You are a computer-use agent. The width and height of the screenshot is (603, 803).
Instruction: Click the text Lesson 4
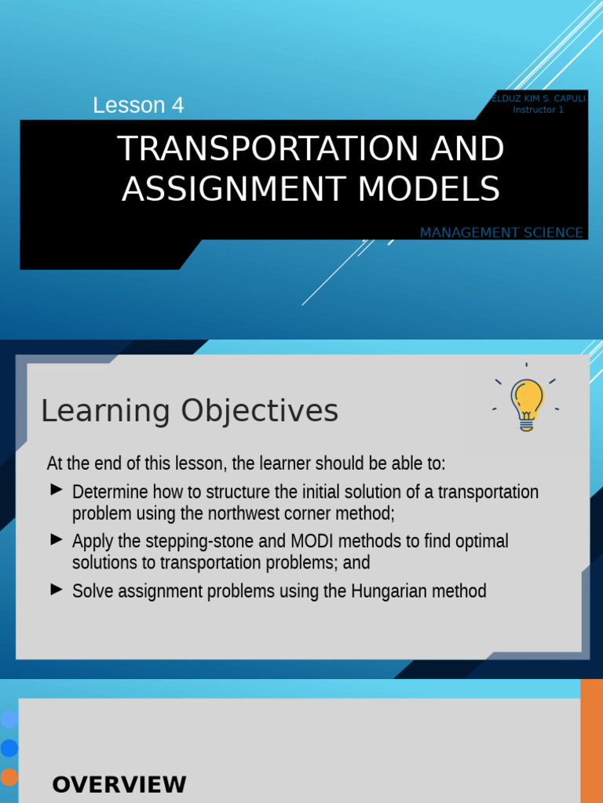click(138, 105)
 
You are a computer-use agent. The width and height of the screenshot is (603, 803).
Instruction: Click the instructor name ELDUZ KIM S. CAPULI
click(539, 99)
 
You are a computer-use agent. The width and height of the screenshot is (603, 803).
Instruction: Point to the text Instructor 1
click(539, 110)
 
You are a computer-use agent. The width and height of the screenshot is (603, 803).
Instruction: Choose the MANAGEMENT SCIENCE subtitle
click(502, 233)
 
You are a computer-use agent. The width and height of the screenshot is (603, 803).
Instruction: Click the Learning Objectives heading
click(189, 411)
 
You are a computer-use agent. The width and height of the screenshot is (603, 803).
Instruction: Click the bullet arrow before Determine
click(56, 490)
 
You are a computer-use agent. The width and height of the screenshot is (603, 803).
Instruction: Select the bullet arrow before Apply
click(56, 539)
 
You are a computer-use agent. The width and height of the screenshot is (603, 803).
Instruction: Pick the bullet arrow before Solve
click(56, 588)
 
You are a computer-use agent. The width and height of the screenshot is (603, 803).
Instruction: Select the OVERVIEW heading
click(119, 784)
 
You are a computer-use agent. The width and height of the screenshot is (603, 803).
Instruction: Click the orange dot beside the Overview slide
click(9, 777)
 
